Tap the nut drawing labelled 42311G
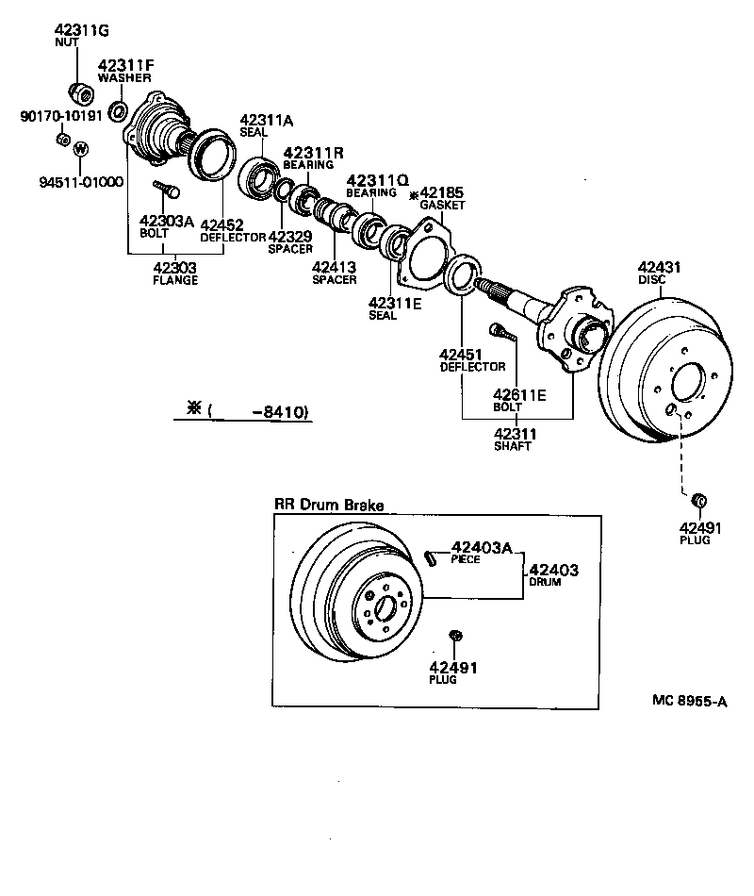(x=79, y=93)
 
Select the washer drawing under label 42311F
(x=119, y=112)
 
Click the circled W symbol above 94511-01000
(x=80, y=149)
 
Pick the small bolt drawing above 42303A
(x=168, y=191)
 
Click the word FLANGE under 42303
(x=174, y=280)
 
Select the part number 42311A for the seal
(x=267, y=121)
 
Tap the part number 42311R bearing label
(x=314, y=152)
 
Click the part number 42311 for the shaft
(x=516, y=434)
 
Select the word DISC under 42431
(x=651, y=280)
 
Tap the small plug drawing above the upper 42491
(x=699, y=500)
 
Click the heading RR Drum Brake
(x=328, y=506)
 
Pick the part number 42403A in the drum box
(x=481, y=547)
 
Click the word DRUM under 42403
(x=544, y=583)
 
